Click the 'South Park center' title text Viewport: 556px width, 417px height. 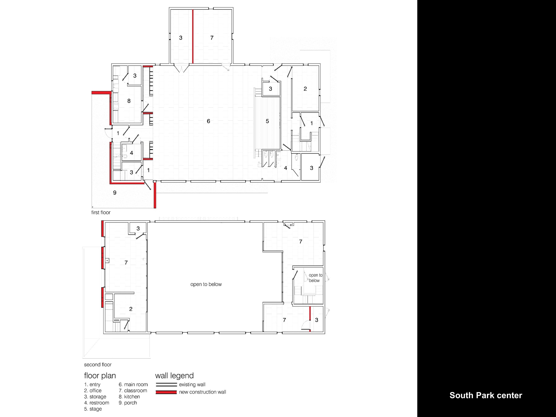(x=486, y=395)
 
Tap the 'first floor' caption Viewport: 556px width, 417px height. (x=101, y=212)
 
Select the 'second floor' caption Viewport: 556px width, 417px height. (x=98, y=364)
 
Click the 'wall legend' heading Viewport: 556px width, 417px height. (x=174, y=376)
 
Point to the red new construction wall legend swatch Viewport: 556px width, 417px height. (x=166, y=392)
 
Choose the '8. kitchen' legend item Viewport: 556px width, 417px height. (x=129, y=397)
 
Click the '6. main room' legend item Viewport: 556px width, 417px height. (x=133, y=384)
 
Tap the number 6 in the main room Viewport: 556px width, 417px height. (x=208, y=121)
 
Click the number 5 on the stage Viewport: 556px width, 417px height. (x=267, y=121)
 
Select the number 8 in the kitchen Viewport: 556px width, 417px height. (x=129, y=101)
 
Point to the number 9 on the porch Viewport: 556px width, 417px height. (x=115, y=193)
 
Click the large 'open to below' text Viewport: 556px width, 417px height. (x=206, y=284)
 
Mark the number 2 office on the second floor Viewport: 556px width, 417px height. (x=131, y=309)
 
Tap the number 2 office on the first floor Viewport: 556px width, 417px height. (x=305, y=89)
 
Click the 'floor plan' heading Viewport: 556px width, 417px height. (x=100, y=376)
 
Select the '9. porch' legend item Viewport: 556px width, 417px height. (x=128, y=403)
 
